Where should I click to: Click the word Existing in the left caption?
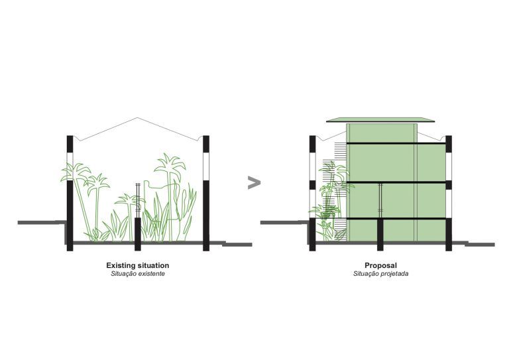point(119,266)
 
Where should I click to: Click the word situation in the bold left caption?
point(152,265)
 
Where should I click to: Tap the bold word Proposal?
point(381,266)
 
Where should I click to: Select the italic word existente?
point(152,274)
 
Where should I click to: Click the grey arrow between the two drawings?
point(254,182)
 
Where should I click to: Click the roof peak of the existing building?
point(138,118)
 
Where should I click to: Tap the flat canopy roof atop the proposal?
point(380,120)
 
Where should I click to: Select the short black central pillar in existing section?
point(138,234)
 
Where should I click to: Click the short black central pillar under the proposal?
point(380,235)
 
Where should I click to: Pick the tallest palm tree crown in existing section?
point(170,163)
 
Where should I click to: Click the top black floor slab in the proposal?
point(396,143)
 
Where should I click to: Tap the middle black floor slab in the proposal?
point(396,183)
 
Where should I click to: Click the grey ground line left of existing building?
point(42,222)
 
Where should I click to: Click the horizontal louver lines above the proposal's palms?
point(341,150)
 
